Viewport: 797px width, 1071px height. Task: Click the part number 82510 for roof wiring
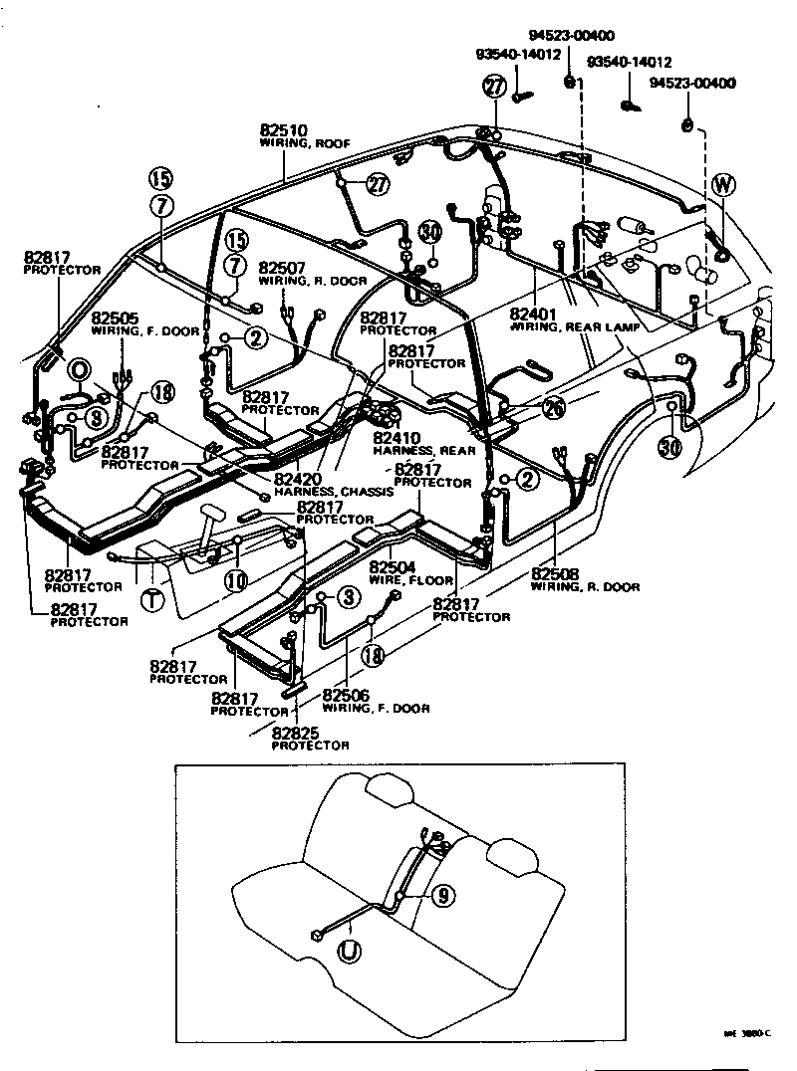[284, 130]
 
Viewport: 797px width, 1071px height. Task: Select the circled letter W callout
[724, 184]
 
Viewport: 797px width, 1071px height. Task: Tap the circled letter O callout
[78, 371]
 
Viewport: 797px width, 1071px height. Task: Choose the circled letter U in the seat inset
[349, 953]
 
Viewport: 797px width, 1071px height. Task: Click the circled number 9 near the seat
[444, 896]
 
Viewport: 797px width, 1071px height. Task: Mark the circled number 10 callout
[236, 579]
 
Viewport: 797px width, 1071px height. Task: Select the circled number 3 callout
[347, 597]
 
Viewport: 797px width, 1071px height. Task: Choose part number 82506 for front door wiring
[346, 695]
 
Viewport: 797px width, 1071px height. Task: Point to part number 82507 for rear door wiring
[282, 268]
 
